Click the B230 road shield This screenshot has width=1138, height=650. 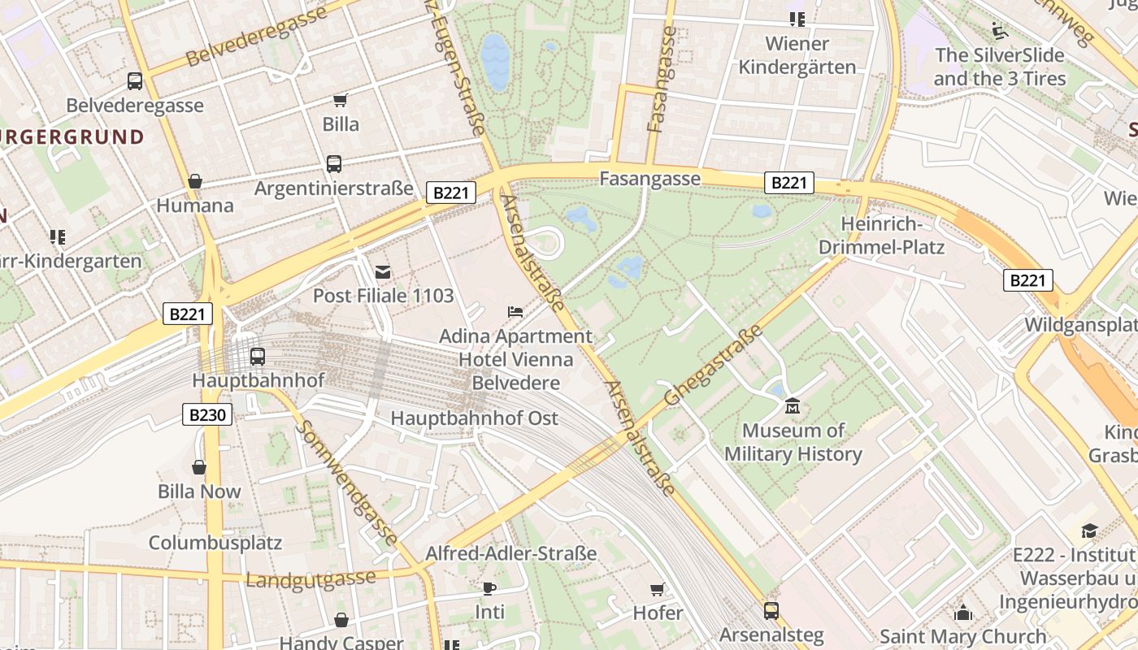point(206,414)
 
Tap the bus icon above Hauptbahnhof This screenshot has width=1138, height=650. point(258,356)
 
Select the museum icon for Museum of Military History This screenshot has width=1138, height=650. point(793,405)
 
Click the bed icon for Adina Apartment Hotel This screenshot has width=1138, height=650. point(515,311)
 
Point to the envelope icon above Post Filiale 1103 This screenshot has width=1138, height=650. point(383,271)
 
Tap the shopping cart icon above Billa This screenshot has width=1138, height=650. point(341,100)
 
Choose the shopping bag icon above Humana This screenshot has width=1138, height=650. point(194,181)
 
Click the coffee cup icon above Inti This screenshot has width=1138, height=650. point(489,588)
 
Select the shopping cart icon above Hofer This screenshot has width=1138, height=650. point(658,588)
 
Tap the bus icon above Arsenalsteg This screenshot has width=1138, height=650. point(771,609)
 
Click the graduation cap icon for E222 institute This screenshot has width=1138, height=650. point(1089,531)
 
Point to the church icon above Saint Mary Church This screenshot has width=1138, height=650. point(963,612)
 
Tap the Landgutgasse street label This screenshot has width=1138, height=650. point(311,578)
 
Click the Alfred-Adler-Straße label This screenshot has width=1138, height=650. point(511,553)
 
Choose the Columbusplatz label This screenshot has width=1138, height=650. point(215,542)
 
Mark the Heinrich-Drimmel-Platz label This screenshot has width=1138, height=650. point(882,235)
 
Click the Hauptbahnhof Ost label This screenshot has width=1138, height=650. point(475,418)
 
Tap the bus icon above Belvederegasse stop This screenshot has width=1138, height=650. point(135,81)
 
